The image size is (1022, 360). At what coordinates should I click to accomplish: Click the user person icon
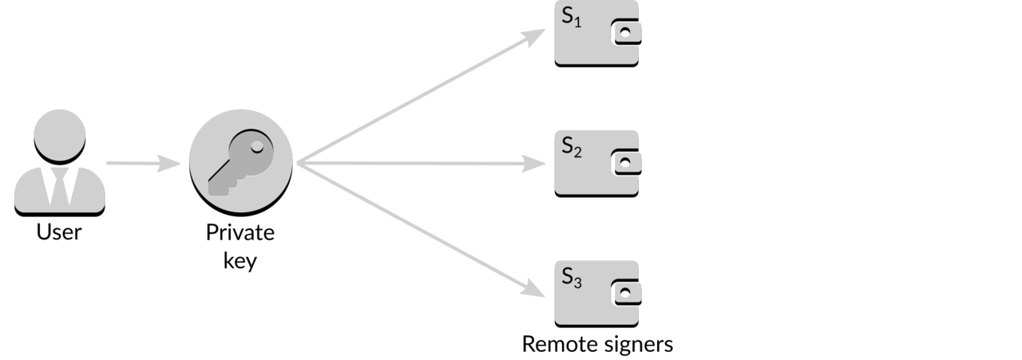tap(60, 163)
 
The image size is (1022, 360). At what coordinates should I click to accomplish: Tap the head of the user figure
tap(60, 136)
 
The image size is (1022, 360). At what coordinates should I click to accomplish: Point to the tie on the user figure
tap(60, 187)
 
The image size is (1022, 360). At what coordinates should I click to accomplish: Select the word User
tap(59, 231)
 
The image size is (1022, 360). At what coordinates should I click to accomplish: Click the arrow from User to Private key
tap(144, 163)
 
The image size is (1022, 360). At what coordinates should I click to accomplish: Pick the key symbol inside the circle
tap(241, 163)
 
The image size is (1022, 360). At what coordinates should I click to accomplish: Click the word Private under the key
tap(240, 232)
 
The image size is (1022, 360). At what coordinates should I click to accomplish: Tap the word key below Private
tap(240, 261)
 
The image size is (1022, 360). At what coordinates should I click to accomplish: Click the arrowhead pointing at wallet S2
tap(534, 164)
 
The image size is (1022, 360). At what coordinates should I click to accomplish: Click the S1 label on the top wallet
tap(572, 18)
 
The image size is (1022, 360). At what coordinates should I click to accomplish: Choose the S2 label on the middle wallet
tap(572, 148)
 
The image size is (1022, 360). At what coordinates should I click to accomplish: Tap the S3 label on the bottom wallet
tap(572, 278)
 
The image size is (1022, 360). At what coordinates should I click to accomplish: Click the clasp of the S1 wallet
tap(626, 33)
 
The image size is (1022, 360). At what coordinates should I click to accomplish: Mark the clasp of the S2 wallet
tap(626, 162)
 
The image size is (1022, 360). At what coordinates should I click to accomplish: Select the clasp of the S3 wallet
tap(626, 292)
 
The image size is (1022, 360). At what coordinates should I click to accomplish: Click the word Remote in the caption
tap(557, 344)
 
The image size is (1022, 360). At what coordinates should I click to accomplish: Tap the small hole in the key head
tap(257, 146)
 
